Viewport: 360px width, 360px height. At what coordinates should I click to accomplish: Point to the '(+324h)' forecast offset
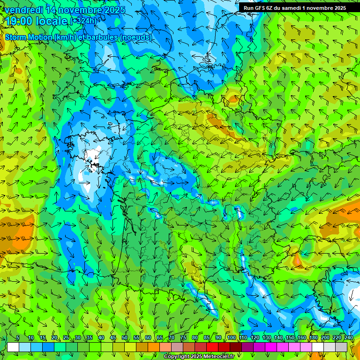83,21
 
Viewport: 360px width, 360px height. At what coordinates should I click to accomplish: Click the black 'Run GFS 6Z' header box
294,8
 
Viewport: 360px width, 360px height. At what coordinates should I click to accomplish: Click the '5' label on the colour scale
18,338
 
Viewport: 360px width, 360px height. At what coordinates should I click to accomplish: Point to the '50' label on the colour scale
125,338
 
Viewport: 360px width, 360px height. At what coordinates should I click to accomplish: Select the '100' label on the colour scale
231,338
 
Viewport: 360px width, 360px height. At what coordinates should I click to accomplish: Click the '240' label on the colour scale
349,338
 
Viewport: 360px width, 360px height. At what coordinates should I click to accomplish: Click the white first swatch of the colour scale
13,347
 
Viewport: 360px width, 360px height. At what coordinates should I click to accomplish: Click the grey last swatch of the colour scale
341,347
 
